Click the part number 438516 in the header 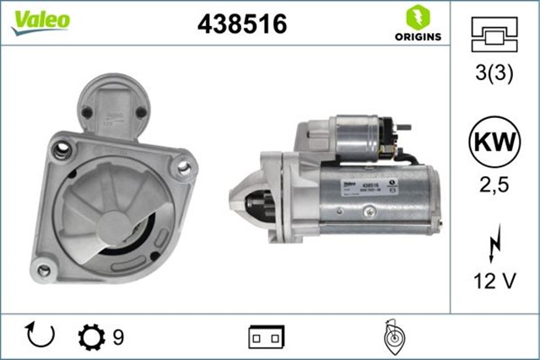242,24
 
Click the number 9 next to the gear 118,337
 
